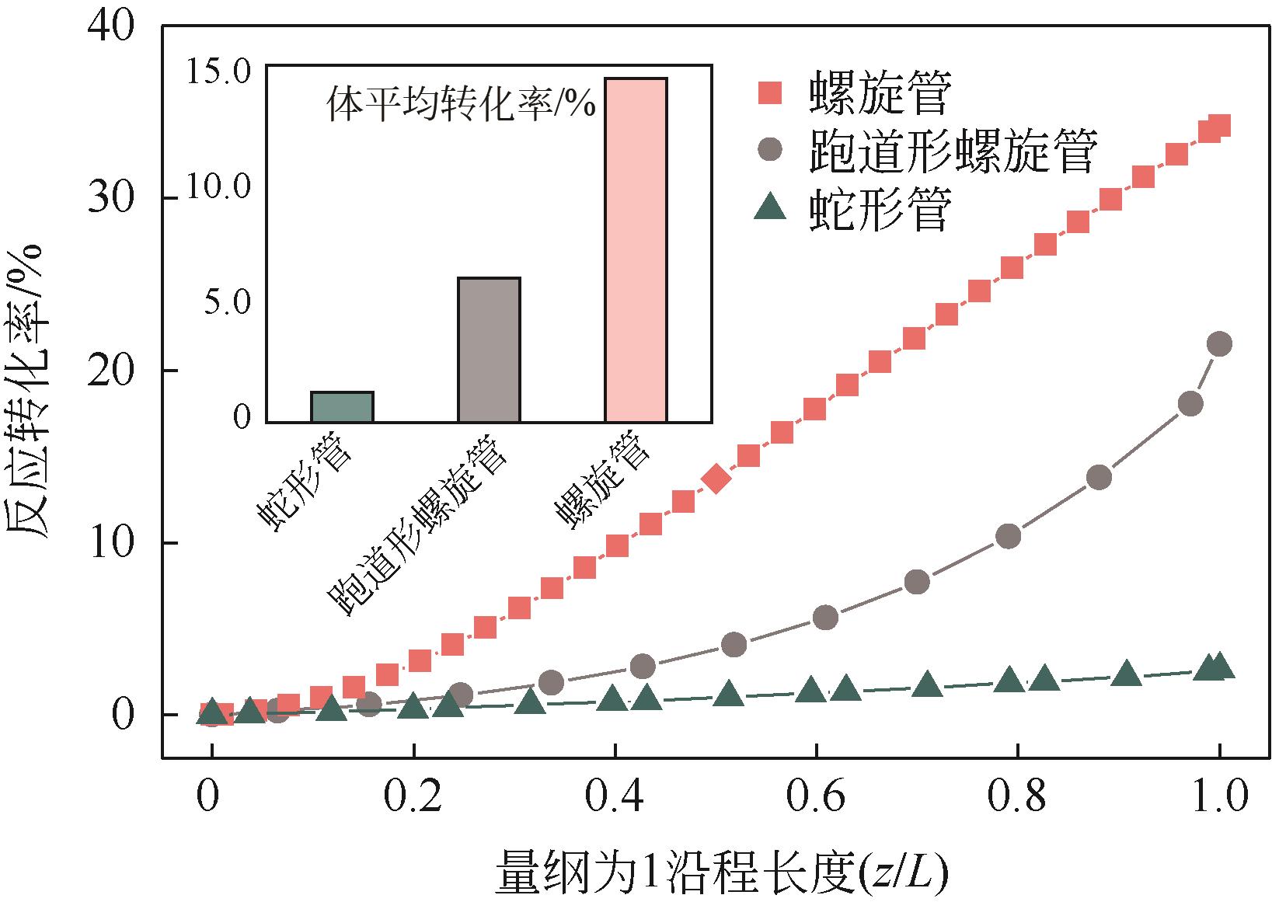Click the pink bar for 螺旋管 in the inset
click(x=636, y=250)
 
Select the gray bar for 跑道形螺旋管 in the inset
click(x=489, y=350)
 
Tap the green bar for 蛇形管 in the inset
click(x=342, y=407)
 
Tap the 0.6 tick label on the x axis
click(x=814, y=799)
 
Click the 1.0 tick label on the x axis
click(x=1216, y=799)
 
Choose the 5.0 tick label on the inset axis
click(x=225, y=303)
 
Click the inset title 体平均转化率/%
click(x=460, y=104)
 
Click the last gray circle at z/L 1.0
click(x=1220, y=343)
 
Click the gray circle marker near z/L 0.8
click(x=1008, y=536)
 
